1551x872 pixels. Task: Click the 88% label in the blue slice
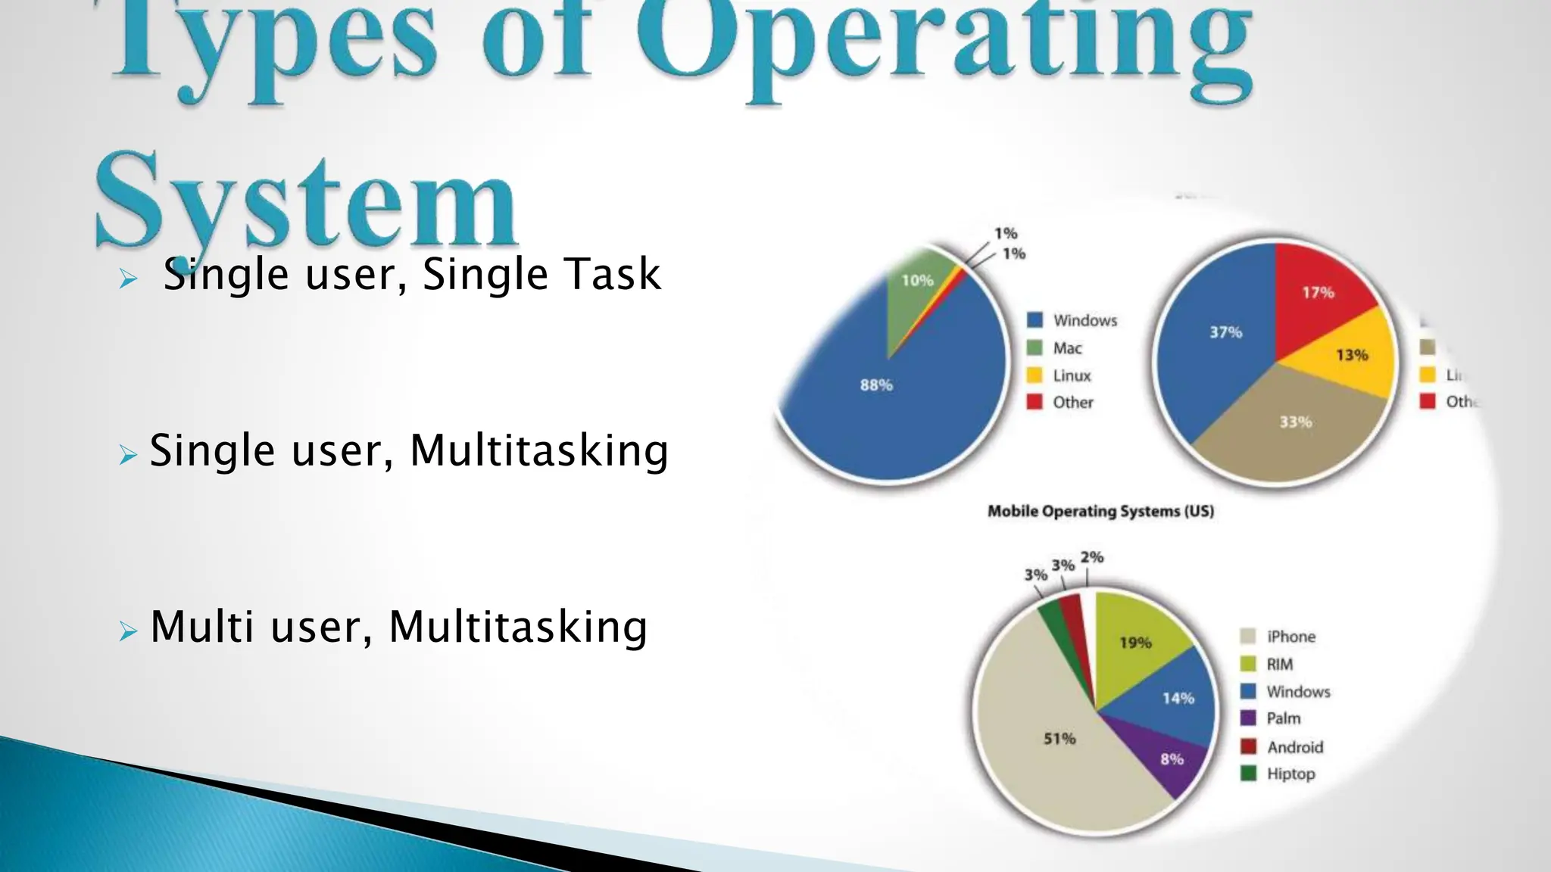(x=876, y=385)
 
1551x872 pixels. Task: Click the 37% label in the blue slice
(x=1225, y=332)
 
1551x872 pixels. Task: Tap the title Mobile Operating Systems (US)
(x=1100, y=512)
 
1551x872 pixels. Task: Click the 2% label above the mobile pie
(x=1091, y=558)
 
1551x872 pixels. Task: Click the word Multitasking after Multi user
(x=518, y=627)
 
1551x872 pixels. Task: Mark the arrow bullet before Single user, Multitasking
(x=128, y=455)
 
